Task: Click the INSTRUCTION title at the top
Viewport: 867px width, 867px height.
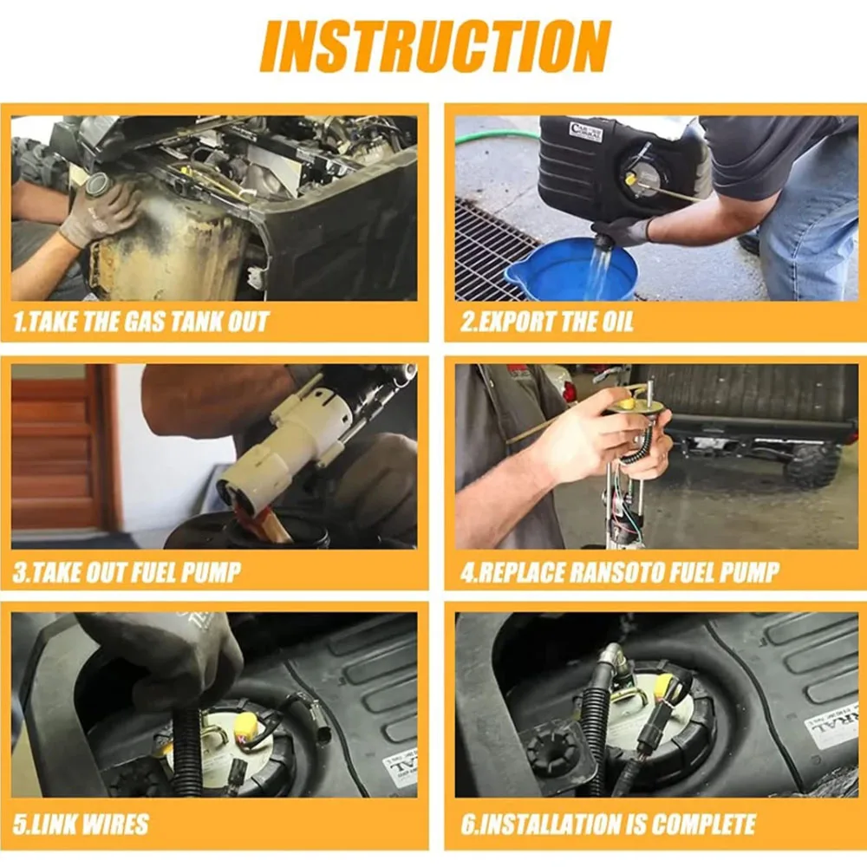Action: tap(435, 47)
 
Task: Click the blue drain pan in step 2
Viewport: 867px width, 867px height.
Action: tap(570, 270)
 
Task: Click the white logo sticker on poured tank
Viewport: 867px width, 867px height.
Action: tap(584, 132)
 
